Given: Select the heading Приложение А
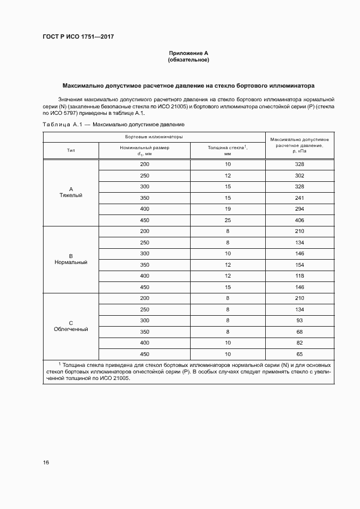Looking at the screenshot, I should [x=188, y=53].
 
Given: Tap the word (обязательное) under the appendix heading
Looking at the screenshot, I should [x=188, y=60].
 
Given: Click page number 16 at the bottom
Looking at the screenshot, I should [x=46, y=463].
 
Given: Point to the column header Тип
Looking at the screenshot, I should [x=71, y=151].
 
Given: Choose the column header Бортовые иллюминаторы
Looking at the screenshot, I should [x=154, y=137].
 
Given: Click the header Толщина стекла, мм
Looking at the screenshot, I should [x=227, y=151].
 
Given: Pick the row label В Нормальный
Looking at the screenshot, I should [x=71, y=259].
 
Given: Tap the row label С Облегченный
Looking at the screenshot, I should [x=71, y=326].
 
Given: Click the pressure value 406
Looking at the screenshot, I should [x=299, y=220].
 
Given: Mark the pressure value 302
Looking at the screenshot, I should [x=299, y=176].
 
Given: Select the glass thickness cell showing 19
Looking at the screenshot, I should [x=228, y=209].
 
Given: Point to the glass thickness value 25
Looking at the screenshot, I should [x=228, y=220].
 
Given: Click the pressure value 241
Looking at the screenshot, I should [x=299, y=198].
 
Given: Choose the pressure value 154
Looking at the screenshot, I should [x=299, y=265].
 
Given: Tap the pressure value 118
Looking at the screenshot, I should [x=299, y=276].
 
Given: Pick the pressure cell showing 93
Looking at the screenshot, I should [x=299, y=320].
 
